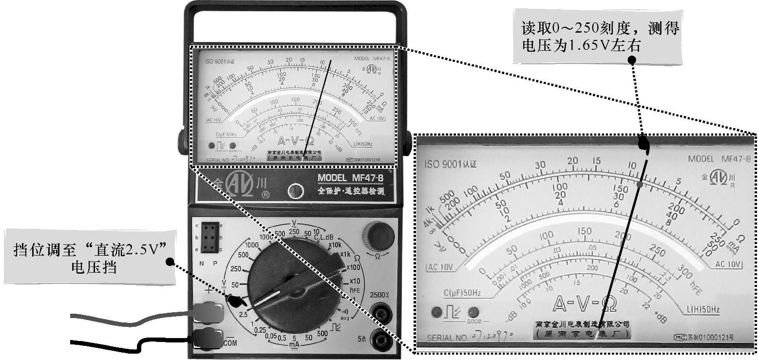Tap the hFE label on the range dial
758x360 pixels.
coord(355,289)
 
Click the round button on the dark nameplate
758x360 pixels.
coord(294,191)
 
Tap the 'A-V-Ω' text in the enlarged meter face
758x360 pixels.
coord(585,304)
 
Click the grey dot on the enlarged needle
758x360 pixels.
coord(641,185)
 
